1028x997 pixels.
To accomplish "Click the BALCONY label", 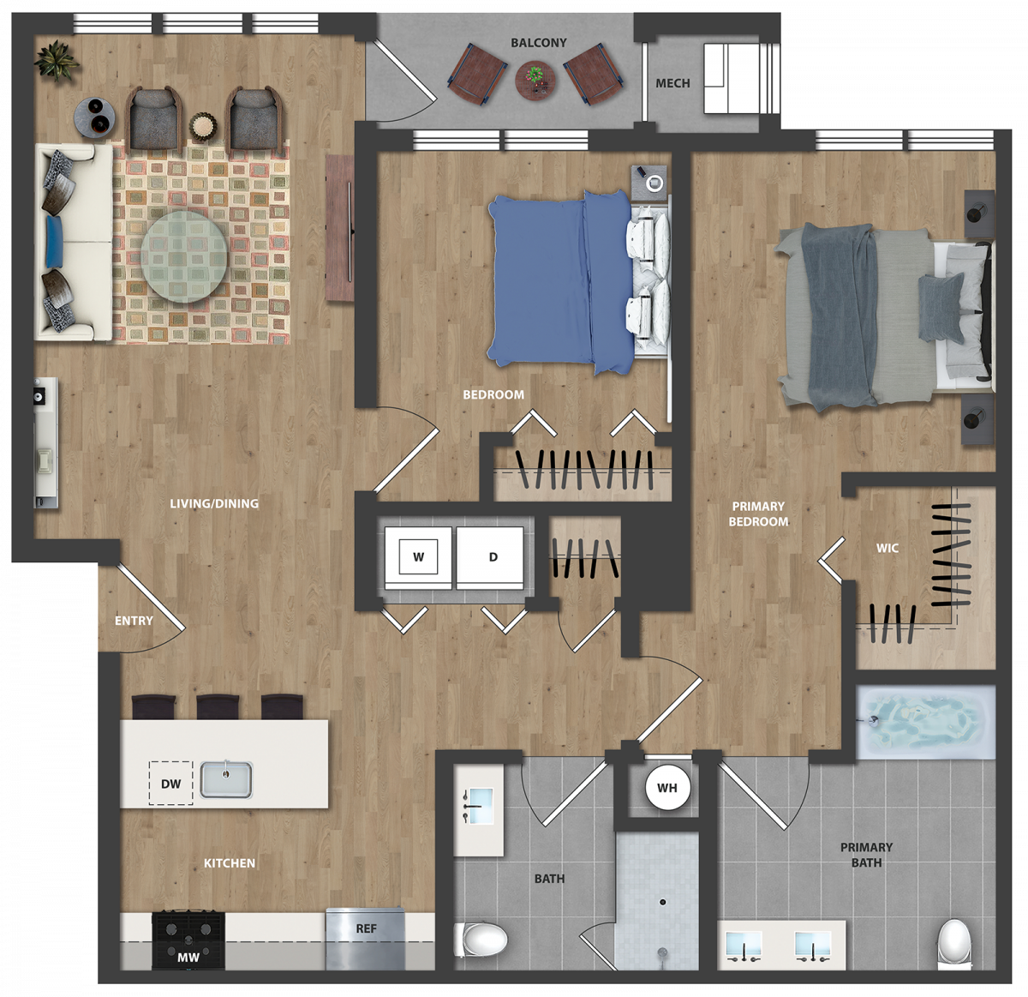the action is point(538,43).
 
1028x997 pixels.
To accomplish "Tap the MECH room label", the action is point(672,83).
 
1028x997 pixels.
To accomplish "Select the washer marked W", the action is point(418,557).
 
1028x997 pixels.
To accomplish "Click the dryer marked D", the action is point(490,557).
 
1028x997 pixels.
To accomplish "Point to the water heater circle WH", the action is point(667,788).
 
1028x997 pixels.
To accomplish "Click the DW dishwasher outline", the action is point(170,783).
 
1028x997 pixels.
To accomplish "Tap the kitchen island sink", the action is point(226,780).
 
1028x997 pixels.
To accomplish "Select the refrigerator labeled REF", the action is point(365,938).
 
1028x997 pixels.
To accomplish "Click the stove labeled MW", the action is point(188,940).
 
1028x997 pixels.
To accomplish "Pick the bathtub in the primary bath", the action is point(925,722).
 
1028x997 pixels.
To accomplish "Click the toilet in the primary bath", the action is point(955,944).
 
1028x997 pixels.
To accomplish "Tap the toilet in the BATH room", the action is point(481,940).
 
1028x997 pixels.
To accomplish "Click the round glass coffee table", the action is point(184,257).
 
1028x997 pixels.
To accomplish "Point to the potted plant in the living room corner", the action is point(56,61).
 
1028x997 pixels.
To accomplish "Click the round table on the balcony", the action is point(535,81).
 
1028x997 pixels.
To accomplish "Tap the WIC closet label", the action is point(888,548).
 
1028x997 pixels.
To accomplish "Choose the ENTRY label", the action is point(134,621).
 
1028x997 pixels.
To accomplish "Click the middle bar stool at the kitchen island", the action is point(218,706).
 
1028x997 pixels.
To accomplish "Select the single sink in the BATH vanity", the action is point(481,806).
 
